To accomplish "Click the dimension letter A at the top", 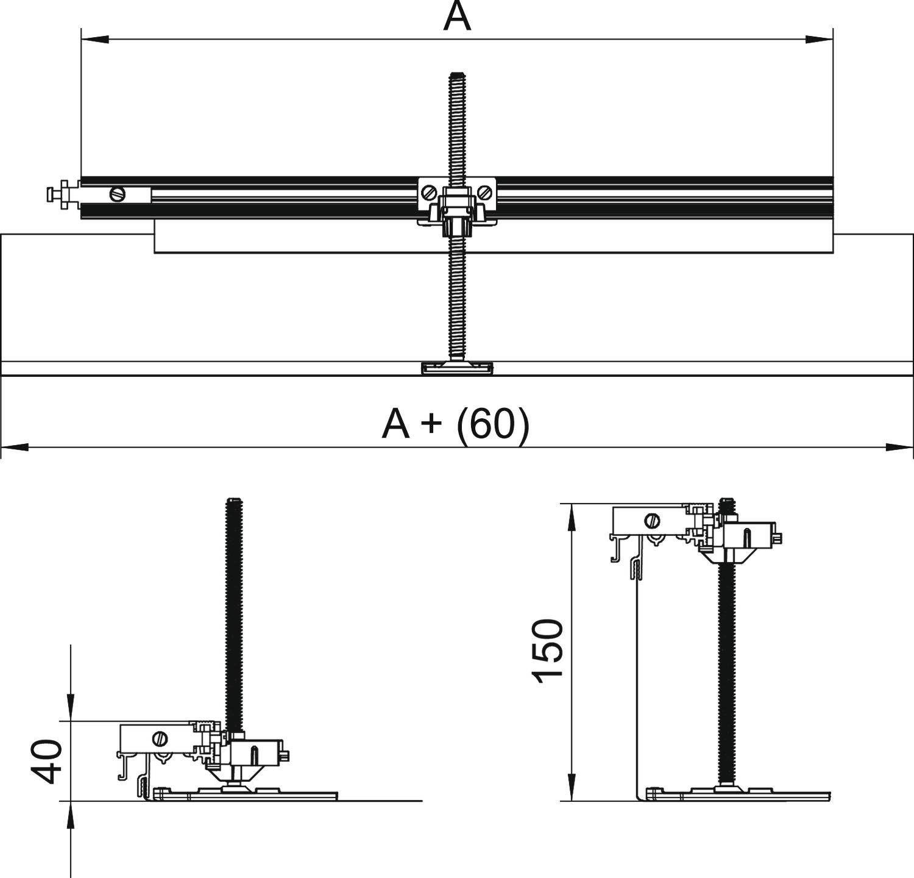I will pos(457,16).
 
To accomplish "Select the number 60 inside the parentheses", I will pos(492,424).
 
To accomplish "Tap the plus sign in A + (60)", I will pos(430,423).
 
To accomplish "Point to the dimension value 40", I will pos(48,761).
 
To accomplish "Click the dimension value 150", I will pos(547,651).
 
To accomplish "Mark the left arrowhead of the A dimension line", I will pos(94,40).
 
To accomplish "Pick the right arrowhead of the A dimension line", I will pos(819,40).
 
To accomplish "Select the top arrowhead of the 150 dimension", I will pos(572,517).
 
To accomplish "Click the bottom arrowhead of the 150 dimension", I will pos(572,788).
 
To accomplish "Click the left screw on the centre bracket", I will pos(428,193).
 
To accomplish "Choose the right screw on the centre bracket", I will pos(485,193).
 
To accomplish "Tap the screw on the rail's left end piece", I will pos(118,195).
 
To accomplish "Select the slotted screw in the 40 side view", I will pos(160,738).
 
